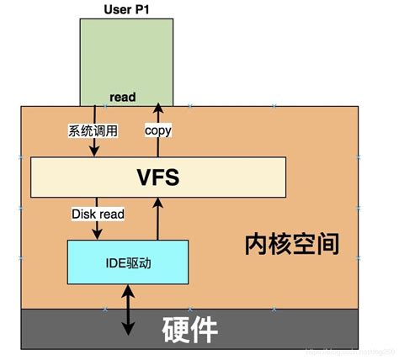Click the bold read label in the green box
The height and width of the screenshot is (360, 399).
123,97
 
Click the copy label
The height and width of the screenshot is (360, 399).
157,130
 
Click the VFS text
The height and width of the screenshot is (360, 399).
159,177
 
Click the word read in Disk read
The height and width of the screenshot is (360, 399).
111,214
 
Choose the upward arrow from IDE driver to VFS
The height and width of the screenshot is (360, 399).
157,218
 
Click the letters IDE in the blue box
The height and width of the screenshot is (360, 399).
117,261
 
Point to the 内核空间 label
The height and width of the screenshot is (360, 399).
292,244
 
